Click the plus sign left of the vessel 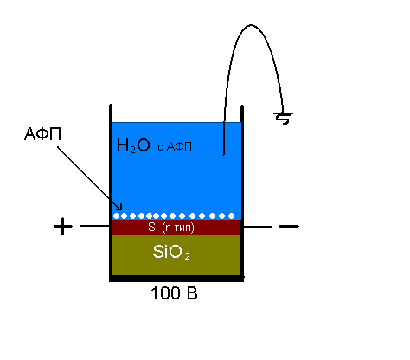63,226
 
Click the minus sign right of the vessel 289,226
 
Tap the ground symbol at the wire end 283,118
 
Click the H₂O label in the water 133,145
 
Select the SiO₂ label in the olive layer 171,252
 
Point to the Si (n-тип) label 171,228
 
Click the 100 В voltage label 174,293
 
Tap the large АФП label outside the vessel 42,134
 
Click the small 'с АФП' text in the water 175,147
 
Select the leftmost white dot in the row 116,215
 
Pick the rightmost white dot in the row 231,215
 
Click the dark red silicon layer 176,228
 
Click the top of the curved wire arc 251,25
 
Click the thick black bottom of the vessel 176,279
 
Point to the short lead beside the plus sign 95,226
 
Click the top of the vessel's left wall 111,105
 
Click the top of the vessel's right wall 242,106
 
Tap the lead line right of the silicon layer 258,227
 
